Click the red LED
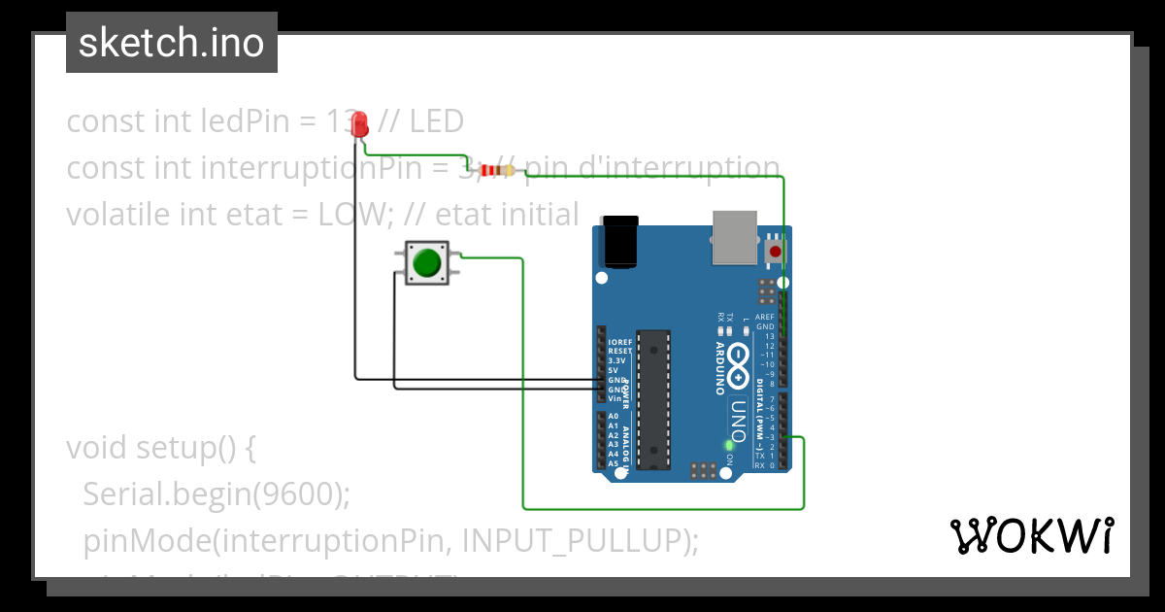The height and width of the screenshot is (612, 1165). click(360, 123)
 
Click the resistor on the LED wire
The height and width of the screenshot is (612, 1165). click(497, 171)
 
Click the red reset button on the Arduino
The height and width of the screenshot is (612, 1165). click(775, 252)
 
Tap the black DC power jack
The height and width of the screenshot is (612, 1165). click(620, 242)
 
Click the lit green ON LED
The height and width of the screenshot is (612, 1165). click(729, 445)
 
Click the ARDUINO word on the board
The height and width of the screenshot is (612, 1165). click(720, 368)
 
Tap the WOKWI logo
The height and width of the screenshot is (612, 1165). click(1031, 535)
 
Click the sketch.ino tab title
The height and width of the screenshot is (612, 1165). click(172, 43)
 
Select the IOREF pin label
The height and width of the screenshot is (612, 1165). click(620, 343)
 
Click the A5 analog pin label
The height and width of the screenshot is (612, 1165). click(614, 463)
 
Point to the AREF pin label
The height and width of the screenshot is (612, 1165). click(765, 318)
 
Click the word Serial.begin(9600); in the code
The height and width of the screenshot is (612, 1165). click(216, 494)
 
